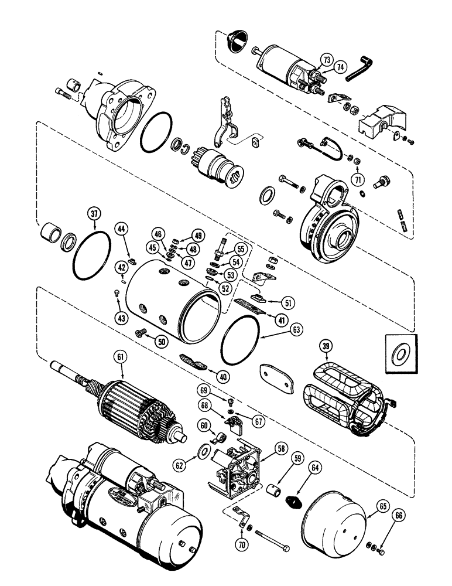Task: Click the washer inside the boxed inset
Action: click(x=402, y=353)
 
